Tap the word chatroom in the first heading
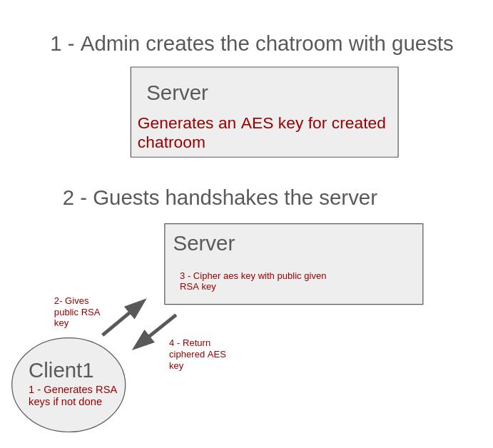click(299, 44)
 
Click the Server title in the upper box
click(177, 93)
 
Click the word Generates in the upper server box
click(176, 123)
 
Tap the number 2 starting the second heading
click(68, 198)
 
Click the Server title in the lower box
click(203, 243)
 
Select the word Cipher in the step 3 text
click(207, 275)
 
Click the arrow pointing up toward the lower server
click(124, 317)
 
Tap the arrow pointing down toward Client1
click(154, 332)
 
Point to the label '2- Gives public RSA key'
click(76, 312)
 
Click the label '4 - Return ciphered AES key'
click(197, 354)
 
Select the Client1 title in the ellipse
click(61, 370)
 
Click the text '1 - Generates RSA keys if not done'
click(72, 395)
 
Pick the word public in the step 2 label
click(66, 312)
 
